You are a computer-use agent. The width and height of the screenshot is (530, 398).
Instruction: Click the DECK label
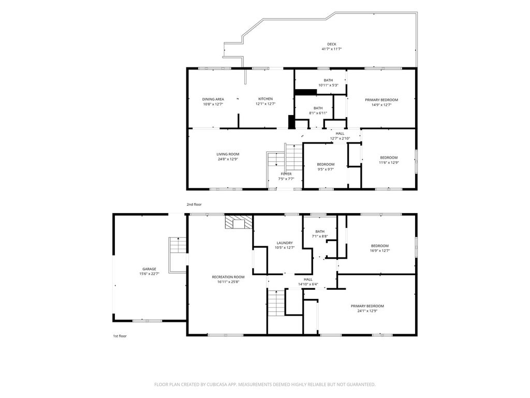pyautogui.click(x=332, y=44)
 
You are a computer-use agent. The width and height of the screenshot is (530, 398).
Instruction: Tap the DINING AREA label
pyautogui.click(x=213, y=99)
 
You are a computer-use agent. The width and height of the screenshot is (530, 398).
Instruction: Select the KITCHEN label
pyautogui.click(x=266, y=99)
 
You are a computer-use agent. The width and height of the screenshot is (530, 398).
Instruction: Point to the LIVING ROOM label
pyautogui.click(x=228, y=154)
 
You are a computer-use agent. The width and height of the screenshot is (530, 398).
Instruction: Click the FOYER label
pyautogui.click(x=286, y=174)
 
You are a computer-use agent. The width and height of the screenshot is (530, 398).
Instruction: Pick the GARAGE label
pyautogui.click(x=149, y=269)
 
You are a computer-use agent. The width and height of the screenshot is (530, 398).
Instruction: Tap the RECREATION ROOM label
pyautogui.click(x=228, y=277)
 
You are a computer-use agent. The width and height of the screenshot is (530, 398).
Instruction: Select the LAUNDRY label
pyautogui.click(x=285, y=243)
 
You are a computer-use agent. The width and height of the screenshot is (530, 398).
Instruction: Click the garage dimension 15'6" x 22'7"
pyautogui.click(x=149, y=274)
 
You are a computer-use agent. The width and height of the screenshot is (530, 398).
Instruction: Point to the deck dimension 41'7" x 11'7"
pyautogui.click(x=332, y=49)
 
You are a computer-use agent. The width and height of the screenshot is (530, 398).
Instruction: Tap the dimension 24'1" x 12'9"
pyautogui.click(x=367, y=311)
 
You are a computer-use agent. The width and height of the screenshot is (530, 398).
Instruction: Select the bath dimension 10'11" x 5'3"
pyautogui.click(x=328, y=85)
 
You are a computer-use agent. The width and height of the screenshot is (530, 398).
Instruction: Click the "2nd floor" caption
pyautogui.click(x=194, y=204)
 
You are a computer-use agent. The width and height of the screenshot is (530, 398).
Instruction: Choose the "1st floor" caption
pyautogui.click(x=120, y=336)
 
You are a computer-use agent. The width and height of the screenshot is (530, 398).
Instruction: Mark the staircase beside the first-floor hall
pyautogui.click(x=276, y=303)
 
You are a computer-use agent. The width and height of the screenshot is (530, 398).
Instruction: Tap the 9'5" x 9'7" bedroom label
pyautogui.click(x=326, y=164)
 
